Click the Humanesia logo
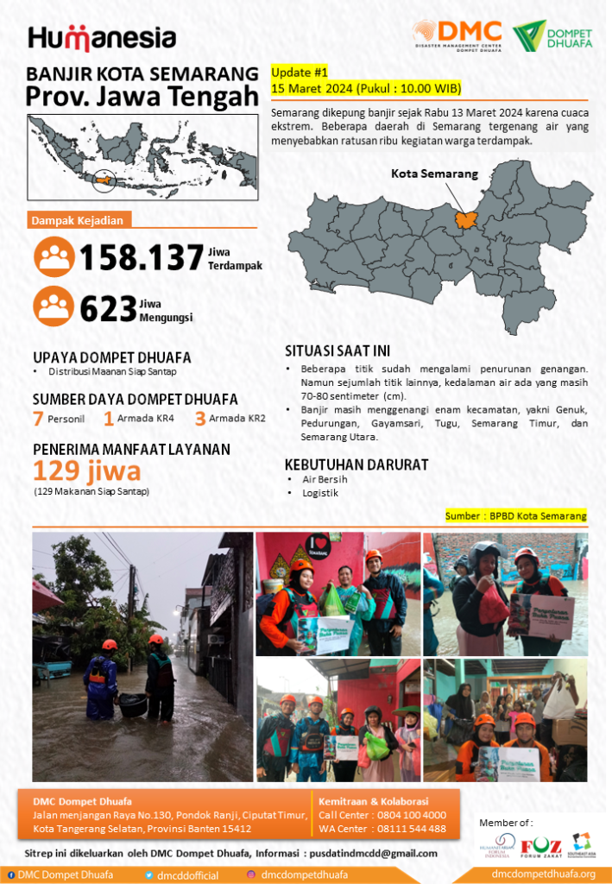coord(102,38)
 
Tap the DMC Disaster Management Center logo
coord(457,35)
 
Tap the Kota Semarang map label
coord(434,174)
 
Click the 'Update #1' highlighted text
coord(300,73)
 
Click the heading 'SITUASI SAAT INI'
coord(338,350)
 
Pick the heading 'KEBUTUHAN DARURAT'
coord(356,464)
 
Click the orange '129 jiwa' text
coord(86,470)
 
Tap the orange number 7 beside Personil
coord(38,420)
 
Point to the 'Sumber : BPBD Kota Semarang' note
coord(515,515)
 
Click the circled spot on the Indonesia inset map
coord(104,180)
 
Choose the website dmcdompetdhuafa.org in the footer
coord(543,875)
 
